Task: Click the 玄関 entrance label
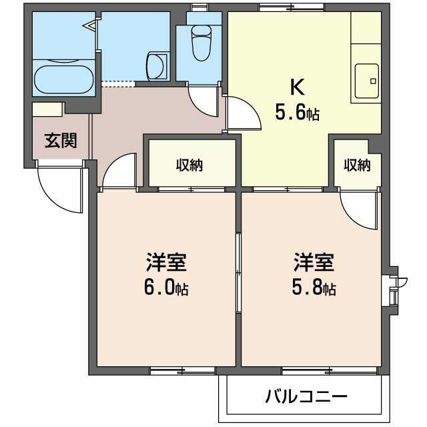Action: point(61,140)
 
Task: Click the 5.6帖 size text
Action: point(297,113)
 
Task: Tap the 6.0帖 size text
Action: point(167,288)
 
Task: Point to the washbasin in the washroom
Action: point(155,65)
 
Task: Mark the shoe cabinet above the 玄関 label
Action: point(47,109)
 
